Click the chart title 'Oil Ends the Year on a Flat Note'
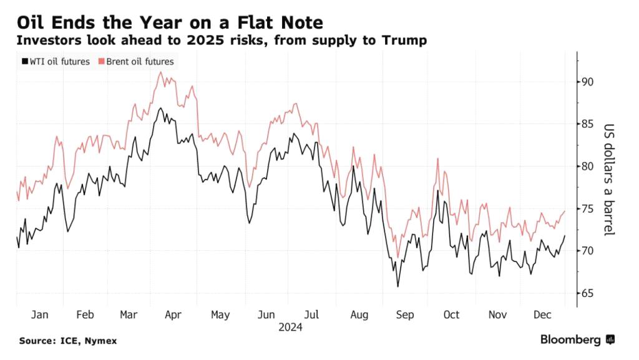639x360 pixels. click(x=170, y=23)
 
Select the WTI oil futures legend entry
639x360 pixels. click(x=56, y=61)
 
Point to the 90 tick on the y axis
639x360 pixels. click(x=587, y=82)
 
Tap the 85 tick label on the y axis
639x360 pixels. click(x=587, y=124)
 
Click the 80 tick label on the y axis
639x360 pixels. click(x=587, y=166)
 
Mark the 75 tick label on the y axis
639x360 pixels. click(x=587, y=208)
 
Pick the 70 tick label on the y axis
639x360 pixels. click(x=587, y=251)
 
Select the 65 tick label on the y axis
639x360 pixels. click(x=587, y=293)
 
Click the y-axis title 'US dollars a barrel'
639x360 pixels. click(x=608, y=179)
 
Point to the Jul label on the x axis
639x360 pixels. click(x=313, y=314)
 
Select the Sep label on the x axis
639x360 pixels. click(x=405, y=314)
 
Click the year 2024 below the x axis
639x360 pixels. click(x=290, y=326)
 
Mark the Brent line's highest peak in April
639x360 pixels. click(x=161, y=72)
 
